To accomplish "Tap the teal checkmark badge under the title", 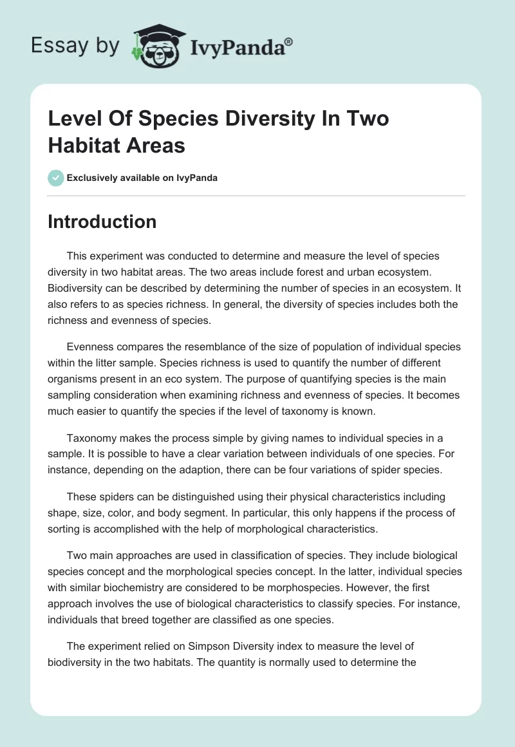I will tap(56, 178).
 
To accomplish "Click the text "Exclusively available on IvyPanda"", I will tap(143, 178).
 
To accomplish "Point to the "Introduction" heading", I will tap(102, 222).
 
